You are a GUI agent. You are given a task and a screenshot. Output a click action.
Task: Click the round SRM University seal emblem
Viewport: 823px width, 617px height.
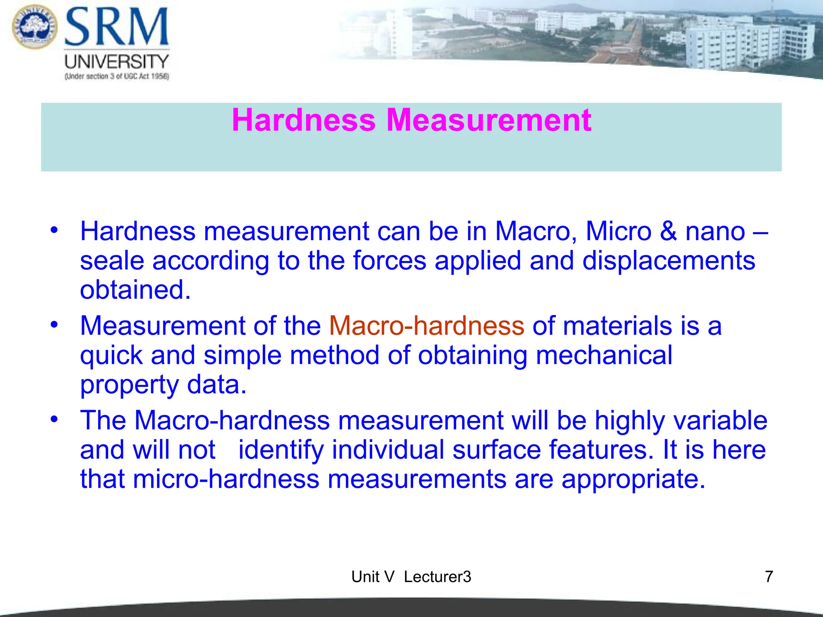(35, 27)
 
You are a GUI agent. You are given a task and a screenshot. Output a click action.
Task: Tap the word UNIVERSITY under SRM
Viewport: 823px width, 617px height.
(117, 61)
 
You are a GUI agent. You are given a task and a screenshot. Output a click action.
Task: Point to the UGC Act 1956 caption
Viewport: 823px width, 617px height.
(117, 76)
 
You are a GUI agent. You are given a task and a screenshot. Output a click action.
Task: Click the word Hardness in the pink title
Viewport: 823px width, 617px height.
(304, 120)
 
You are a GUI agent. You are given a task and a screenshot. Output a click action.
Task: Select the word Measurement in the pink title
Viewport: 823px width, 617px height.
(489, 120)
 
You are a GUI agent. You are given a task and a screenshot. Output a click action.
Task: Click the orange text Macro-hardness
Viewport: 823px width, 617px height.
(427, 325)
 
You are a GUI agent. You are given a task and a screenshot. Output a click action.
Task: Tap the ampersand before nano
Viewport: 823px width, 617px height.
(668, 231)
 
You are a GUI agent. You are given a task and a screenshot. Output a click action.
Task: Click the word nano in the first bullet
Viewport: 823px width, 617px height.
(715, 232)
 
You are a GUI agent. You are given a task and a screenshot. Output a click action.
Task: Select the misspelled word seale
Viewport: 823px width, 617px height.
(112, 261)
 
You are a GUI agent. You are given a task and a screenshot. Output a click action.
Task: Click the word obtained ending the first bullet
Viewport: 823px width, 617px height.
(135, 290)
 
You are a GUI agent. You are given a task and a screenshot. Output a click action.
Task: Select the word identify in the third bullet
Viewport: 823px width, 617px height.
(281, 450)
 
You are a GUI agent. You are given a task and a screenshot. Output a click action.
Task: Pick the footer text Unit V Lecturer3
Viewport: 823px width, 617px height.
(411, 577)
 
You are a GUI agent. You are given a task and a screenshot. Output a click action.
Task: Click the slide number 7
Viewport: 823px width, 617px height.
(769, 577)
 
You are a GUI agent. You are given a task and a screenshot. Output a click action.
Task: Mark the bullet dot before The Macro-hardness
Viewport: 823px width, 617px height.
(54, 419)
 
